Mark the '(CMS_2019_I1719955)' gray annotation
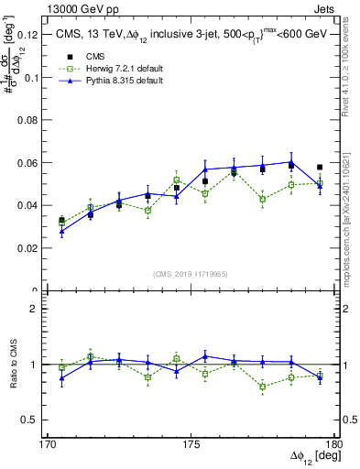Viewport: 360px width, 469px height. click(191, 273)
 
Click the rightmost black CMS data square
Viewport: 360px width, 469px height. click(320, 168)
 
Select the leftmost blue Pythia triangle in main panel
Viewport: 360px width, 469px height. click(61, 232)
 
